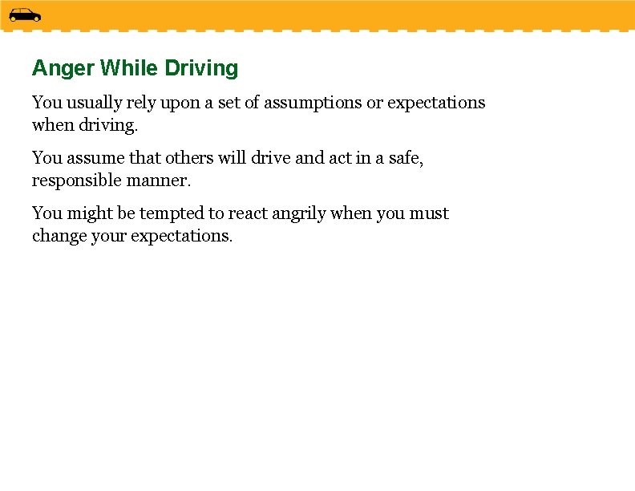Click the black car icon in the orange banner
point(25,15)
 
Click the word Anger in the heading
point(63,69)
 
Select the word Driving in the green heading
point(201,69)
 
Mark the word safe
point(405,158)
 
